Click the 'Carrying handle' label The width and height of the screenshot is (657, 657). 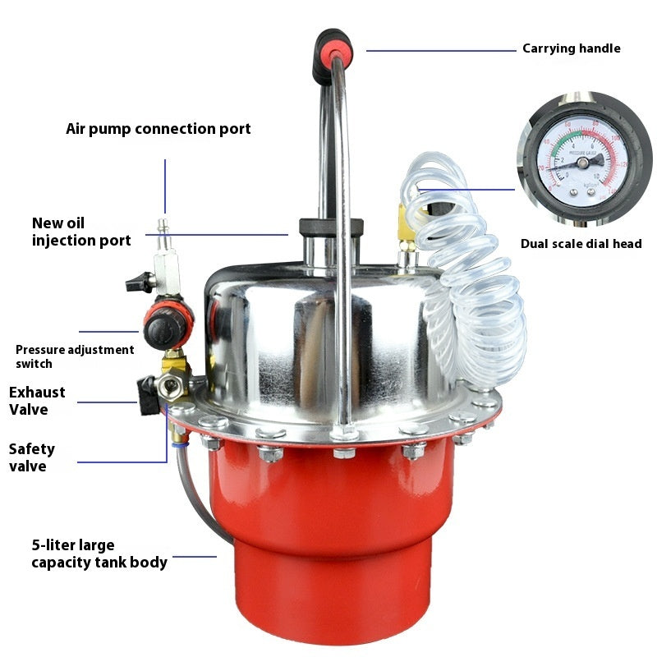click(572, 48)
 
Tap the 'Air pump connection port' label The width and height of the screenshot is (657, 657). click(159, 129)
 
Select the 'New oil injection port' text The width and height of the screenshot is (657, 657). click(81, 232)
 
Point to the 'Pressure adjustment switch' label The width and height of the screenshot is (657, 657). click(75, 356)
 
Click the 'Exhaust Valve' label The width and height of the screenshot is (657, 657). click(37, 401)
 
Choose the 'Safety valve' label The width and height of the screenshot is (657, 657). click(32, 457)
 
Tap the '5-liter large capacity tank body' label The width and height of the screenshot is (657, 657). click(99, 554)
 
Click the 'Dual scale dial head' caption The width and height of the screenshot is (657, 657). click(581, 244)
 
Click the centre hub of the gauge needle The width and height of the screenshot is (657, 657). click(583, 162)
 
